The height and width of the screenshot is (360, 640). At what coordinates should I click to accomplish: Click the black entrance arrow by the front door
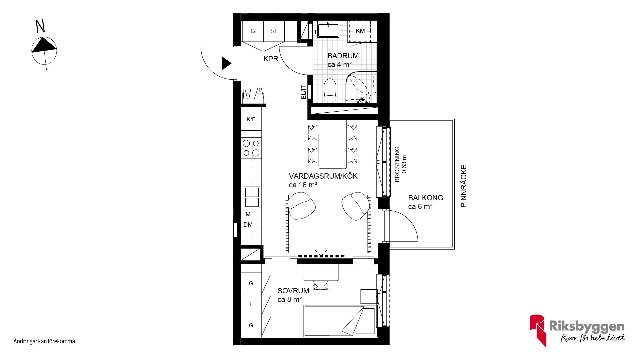click(x=226, y=63)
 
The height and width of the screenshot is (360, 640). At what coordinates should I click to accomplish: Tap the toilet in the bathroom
click(x=330, y=90)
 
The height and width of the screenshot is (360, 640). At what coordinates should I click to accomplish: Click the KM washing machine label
click(x=360, y=31)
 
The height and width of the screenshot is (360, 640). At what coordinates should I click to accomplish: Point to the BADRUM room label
click(x=343, y=56)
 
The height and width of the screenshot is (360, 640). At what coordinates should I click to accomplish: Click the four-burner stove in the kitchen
click(x=251, y=148)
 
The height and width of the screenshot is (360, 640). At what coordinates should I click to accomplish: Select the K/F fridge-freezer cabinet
click(x=251, y=119)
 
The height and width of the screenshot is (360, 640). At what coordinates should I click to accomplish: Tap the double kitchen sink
click(x=252, y=197)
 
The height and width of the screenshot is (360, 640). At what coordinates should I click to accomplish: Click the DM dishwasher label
click(x=248, y=225)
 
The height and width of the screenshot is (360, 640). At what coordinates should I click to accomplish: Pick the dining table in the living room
click(x=332, y=144)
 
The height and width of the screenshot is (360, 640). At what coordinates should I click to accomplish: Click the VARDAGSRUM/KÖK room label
click(x=323, y=176)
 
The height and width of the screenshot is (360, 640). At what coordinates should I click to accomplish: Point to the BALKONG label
click(x=426, y=198)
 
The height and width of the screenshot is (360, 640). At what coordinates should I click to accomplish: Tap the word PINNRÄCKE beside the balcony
click(x=464, y=186)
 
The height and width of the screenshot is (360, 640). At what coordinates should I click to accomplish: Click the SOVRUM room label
click(x=293, y=291)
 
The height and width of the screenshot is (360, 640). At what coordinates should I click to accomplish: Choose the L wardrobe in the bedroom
click(x=251, y=304)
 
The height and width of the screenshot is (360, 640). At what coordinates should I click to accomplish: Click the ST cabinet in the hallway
click(x=274, y=31)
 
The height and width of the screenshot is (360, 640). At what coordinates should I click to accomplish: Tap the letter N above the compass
click(x=40, y=26)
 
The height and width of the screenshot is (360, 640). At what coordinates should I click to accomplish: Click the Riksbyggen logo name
click(x=587, y=326)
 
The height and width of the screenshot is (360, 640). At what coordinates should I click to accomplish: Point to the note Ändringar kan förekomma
click(x=45, y=341)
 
